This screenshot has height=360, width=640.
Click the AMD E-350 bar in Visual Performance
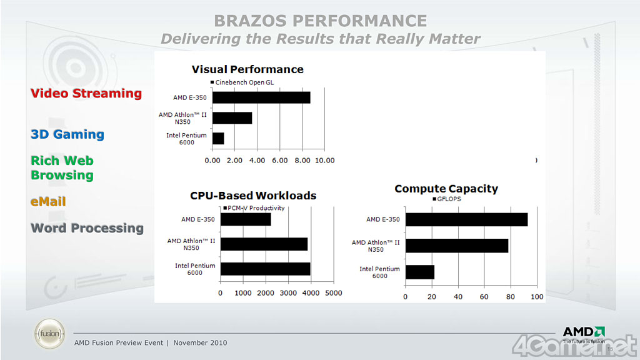click(261, 97)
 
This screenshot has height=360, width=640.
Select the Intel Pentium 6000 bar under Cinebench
click(218, 138)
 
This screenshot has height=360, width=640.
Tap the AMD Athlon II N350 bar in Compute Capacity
click(457, 246)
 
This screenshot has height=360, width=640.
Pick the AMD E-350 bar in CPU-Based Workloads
click(246, 219)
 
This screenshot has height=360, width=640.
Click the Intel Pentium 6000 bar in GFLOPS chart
click(420, 272)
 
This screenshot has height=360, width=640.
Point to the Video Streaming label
click(86, 94)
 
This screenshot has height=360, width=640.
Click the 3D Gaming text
click(67, 134)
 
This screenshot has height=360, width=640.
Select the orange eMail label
click(48, 202)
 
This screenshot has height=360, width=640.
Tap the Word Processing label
click(87, 228)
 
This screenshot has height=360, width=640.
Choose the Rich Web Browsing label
click(62, 168)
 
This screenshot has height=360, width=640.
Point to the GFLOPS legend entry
click(447, 199)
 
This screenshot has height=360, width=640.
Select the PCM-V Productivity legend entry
click(254, 208)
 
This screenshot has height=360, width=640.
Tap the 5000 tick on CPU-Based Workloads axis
click(333, 292)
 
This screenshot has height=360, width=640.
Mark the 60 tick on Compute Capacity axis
click(484, 296)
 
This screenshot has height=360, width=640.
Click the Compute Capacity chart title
click(446, 189)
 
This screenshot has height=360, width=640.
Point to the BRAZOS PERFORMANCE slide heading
click(320, 21)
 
